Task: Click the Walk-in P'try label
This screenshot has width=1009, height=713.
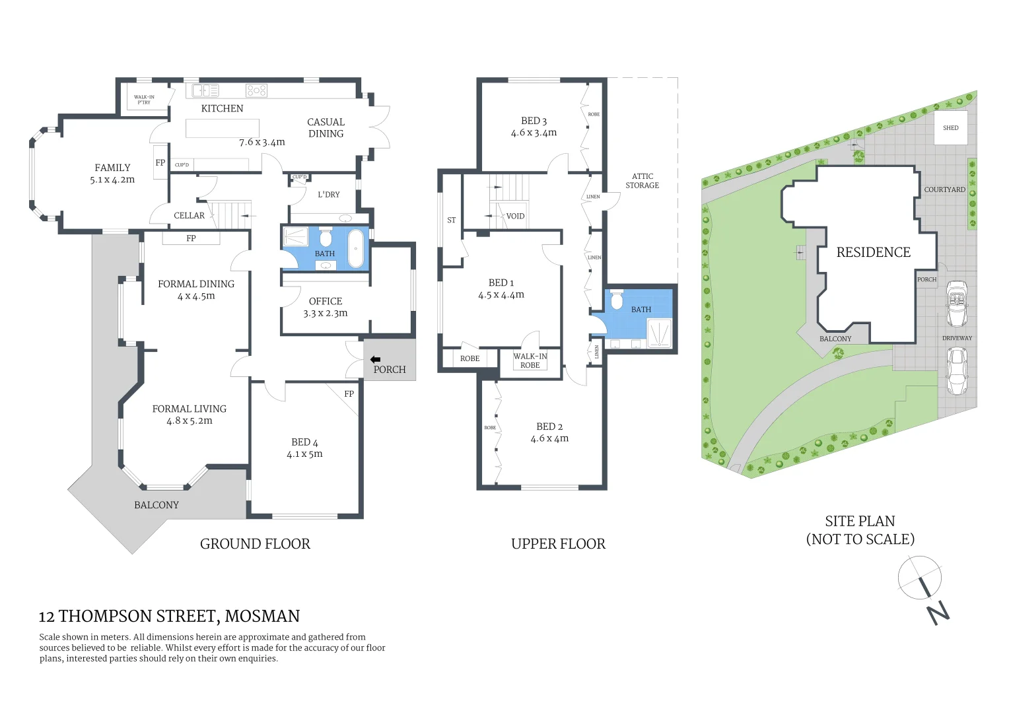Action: click(x=144, y=100)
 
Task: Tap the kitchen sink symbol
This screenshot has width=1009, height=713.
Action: click(x=205, y=90)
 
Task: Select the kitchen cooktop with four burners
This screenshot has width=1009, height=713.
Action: click(x=256, y=90)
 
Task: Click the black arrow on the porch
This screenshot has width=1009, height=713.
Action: click(x=375, y=360)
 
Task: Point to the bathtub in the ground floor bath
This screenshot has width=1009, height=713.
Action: click(x=355, y=248)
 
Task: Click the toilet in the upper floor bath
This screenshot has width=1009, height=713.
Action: click(x=617, y=301)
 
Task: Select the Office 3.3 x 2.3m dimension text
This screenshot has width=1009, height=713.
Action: click(x=325, y=314)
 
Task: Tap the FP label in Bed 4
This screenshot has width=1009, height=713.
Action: click(x=349, y=394)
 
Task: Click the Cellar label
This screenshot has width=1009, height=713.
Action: click(x=189, y=215)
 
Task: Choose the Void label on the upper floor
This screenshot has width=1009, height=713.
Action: click(x=515, y=216)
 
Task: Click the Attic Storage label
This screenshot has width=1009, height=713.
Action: click(x=642, y=181)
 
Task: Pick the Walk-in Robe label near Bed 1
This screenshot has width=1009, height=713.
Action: click(x=530, y=360)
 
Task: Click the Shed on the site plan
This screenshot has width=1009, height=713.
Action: click(x=950, y=128)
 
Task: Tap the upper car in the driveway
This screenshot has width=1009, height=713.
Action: click(x=957, y=303)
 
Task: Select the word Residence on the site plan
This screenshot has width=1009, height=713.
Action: click(x=873, y=252)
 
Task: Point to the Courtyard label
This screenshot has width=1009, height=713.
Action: click(x=944, y=189)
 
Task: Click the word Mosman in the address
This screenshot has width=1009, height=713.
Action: click(x=262, y=617)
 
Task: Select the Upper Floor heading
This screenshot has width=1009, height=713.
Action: click(x=558, y=544)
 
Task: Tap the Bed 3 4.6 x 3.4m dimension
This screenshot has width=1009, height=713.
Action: click(x=534, y=133)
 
